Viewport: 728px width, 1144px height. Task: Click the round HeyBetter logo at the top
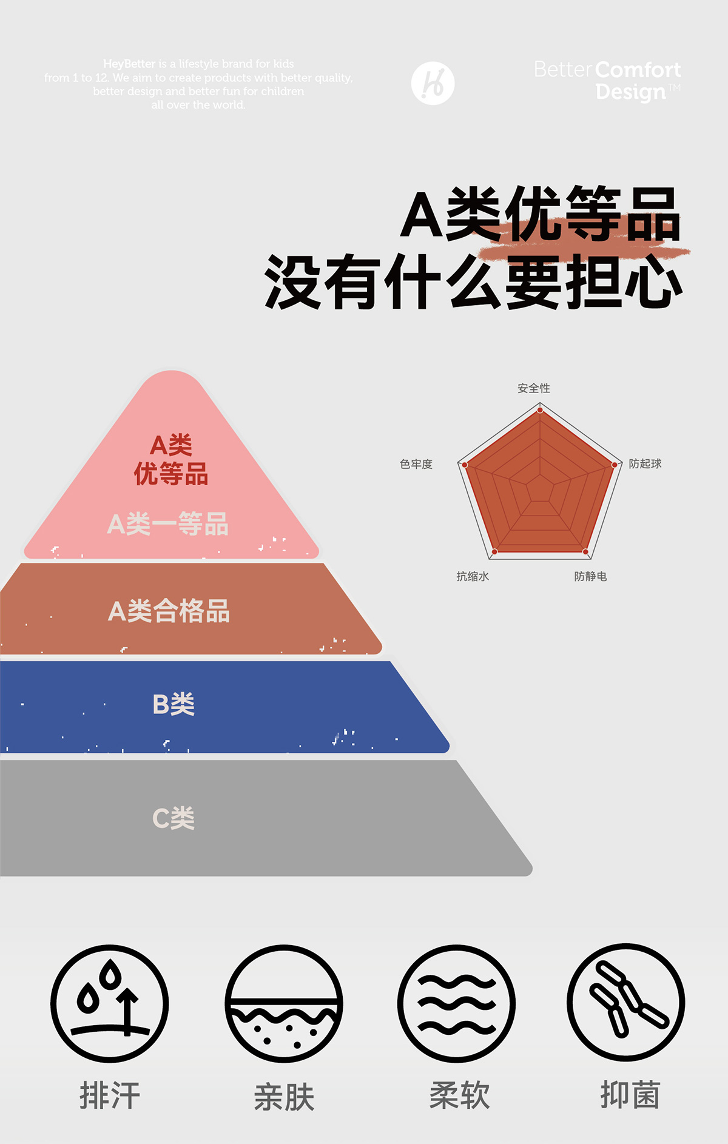click(x=433, y=83)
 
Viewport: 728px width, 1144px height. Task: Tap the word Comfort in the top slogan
click(x=638, y=70)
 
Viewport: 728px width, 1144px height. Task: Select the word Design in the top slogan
click(x=630, y=92)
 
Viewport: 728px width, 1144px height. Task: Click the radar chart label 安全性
click(x=533, y=388)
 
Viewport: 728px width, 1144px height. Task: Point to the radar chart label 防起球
click(x=644, y=464)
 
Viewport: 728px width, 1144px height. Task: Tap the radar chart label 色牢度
click(x=416, y=464)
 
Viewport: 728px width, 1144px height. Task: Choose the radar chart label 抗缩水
click(x=473, y=576)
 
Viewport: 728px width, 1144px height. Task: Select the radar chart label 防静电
click(x=590, y=576)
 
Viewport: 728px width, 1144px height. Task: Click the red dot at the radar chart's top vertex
click(x=540, y=411)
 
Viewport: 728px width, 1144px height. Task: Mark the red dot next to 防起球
click(x=615, y=465)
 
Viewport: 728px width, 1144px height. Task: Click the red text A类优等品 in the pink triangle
click(x=171, y=460)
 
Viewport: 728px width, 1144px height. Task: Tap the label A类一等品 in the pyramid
click(x=168, y=524)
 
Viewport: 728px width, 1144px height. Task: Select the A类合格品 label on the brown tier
click(x=169, y=611)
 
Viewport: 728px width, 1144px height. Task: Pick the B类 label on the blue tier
click(x=174, y=704)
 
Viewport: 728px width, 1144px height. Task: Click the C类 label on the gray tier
click(x=174, y=818)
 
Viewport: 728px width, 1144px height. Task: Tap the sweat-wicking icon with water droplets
click(x=110, y=1003)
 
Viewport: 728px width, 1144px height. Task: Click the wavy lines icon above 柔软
click(x=456, y=1003)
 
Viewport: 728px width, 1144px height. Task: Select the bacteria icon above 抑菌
click(x=626, y=1002)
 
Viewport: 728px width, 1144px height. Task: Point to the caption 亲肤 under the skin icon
click(x=284, y=1097)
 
